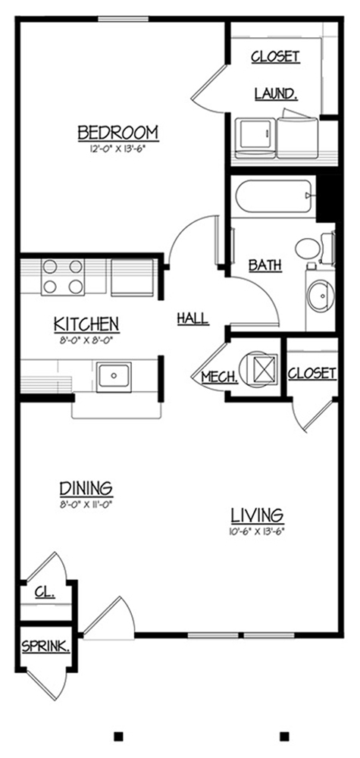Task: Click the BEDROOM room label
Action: point(118,132)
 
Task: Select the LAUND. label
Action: point(276,94)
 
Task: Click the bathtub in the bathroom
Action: point(274,196)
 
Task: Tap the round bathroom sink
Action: point(321,296)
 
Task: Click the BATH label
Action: point(265,265)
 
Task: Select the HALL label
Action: point(193,318)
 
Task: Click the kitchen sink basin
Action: point(114,377)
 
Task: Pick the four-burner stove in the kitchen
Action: point(63,277)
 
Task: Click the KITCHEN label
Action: point(86,324)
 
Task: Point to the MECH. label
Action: point(220,377)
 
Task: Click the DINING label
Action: point(86,489)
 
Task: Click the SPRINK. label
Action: point(46,647)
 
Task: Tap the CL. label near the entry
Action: point(45,592)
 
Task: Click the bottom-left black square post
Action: point(118,736)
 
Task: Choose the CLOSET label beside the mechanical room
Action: point(312,373)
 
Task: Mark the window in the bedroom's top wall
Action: point(124,19)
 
